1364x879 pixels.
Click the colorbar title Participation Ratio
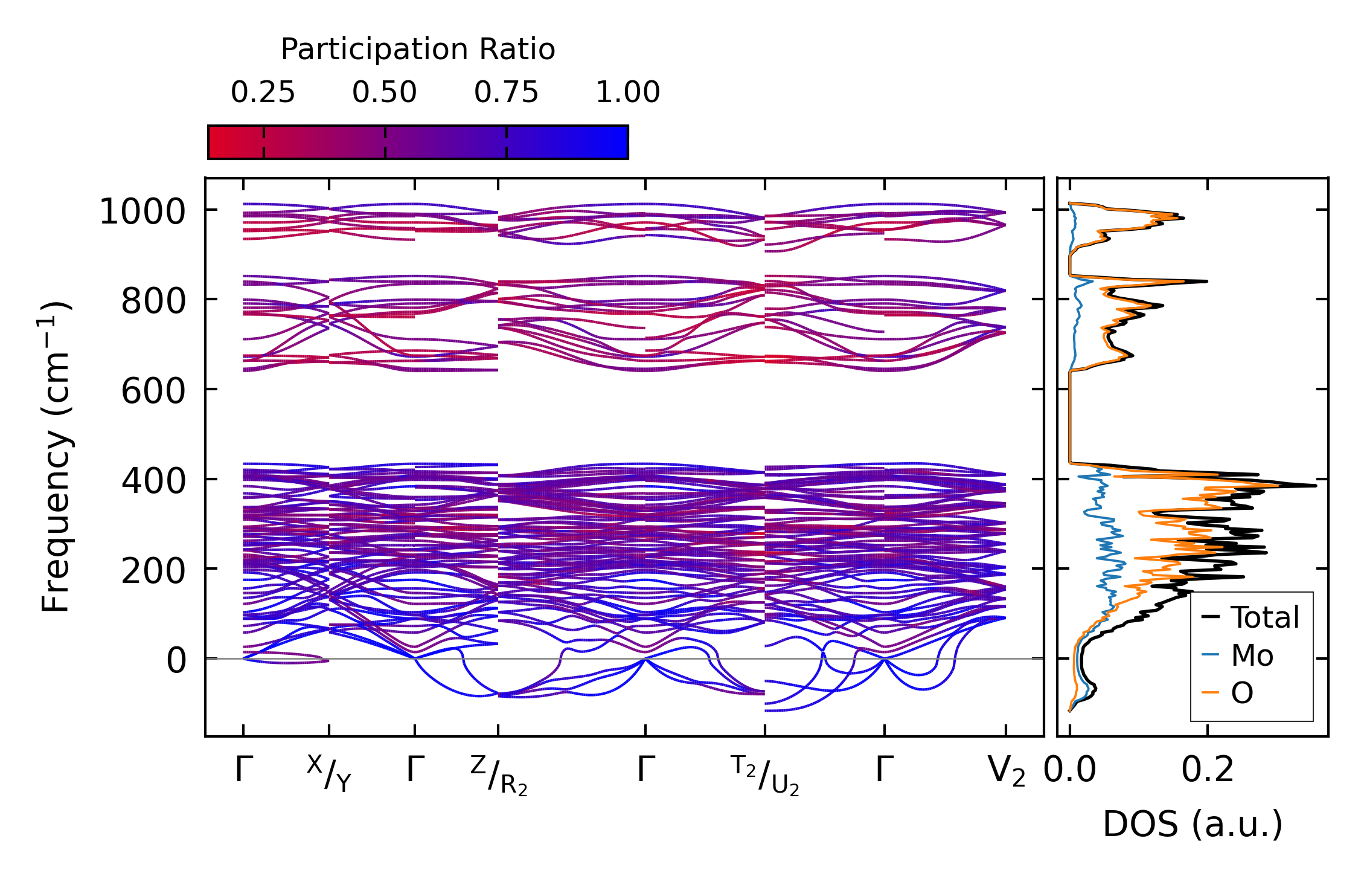pyautogui.click(x=418, y=50)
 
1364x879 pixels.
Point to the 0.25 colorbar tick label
pyautogui.click(x=263, y=92)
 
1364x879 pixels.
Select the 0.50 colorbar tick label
pyautogui.click(x=385, y=92)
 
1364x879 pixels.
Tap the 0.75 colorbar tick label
pyautogui.click(x=506, y=92)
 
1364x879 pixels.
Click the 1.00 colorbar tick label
pyautogui.click(x=628, y=92)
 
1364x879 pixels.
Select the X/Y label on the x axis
pyautogui.click(x=329, y=774)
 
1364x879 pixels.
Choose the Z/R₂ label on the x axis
pyautogui.click(x=499, y=776)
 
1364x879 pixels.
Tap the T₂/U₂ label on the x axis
pyautogui.click(x=765, y=776)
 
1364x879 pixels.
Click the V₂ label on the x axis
pyautogui.click(x=1007, y=772)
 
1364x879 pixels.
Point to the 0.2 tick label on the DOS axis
pyautogui.click(x=1208, y=771)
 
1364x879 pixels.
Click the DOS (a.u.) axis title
pyautogui.click(x=1193, y=825)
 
